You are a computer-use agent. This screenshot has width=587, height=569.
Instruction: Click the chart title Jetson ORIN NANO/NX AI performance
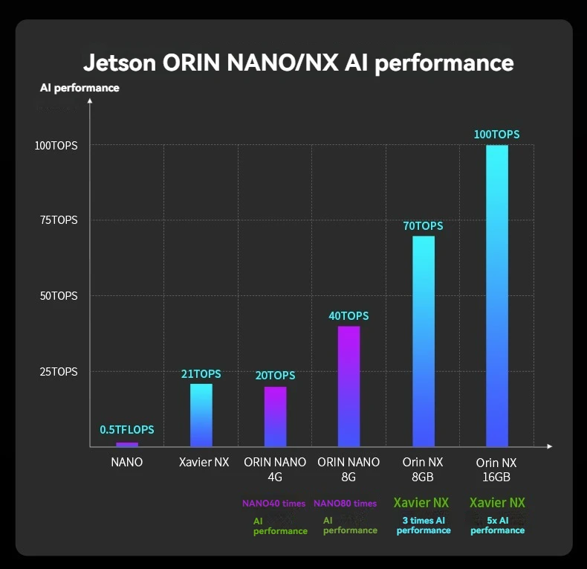[x=298, y=62]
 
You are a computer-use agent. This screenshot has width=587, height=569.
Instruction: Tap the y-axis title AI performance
[x=80, y=88]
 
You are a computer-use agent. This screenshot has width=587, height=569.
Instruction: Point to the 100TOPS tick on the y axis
[x=56, y=145]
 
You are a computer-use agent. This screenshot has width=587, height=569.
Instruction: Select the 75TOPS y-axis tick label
[x=56, y=220]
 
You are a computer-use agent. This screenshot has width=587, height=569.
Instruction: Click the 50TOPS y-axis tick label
[x=56, y=295]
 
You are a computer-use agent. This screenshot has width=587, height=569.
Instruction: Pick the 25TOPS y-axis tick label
[x=56, y=371]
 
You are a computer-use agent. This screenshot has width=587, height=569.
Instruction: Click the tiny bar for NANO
[x=127, y=444]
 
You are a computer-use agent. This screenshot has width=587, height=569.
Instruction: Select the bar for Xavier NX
[x=201, y=415]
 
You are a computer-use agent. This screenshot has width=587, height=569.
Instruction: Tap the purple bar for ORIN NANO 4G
[x=275, y=417]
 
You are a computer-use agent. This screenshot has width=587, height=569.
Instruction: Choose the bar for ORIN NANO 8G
[x=348, y=386]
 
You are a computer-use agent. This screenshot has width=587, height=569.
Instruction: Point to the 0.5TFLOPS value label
[x=127, y=430]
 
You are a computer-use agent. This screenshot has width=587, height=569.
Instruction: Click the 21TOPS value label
[x=201, y=374]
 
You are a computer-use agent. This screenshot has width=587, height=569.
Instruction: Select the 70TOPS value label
[x=423, y=226]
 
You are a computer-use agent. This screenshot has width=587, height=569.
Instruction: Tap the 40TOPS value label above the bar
[x=348, y=316]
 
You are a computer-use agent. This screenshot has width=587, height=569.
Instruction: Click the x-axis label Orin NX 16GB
[x=496, y=469]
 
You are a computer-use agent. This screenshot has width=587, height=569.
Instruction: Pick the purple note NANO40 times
[x=273, y=504]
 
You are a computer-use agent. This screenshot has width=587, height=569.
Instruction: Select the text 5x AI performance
[x=497, y=525]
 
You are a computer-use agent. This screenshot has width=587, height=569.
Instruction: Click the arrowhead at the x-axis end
[x=549, y=446]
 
